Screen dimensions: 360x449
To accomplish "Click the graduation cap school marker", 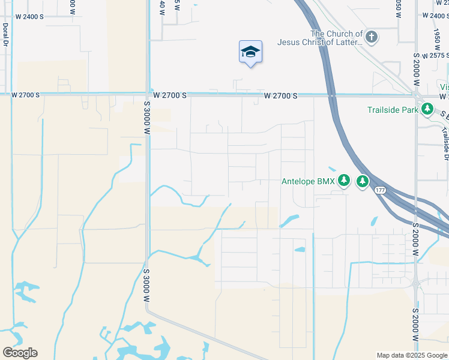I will (250, 52).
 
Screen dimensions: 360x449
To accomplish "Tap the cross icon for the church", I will (372, 38).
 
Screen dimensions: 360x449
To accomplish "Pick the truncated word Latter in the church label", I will (349, 42).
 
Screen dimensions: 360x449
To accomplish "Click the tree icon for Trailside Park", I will (427, 110).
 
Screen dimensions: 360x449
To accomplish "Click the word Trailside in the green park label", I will (384, 110).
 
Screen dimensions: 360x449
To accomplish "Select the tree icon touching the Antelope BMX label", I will (343, 181).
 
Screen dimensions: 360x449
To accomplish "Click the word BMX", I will (326, 181).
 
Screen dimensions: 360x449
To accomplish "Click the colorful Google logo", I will (20, 353).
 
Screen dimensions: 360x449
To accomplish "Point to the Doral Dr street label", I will (5, 37).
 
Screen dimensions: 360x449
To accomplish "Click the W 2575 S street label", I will (435, 55).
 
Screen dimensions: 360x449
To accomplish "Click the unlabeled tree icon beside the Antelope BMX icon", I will (363, 181).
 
